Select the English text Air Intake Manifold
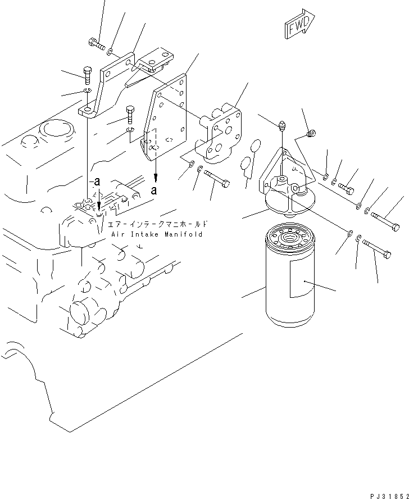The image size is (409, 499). [156, 234]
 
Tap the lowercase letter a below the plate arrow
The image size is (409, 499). [154, 190]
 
